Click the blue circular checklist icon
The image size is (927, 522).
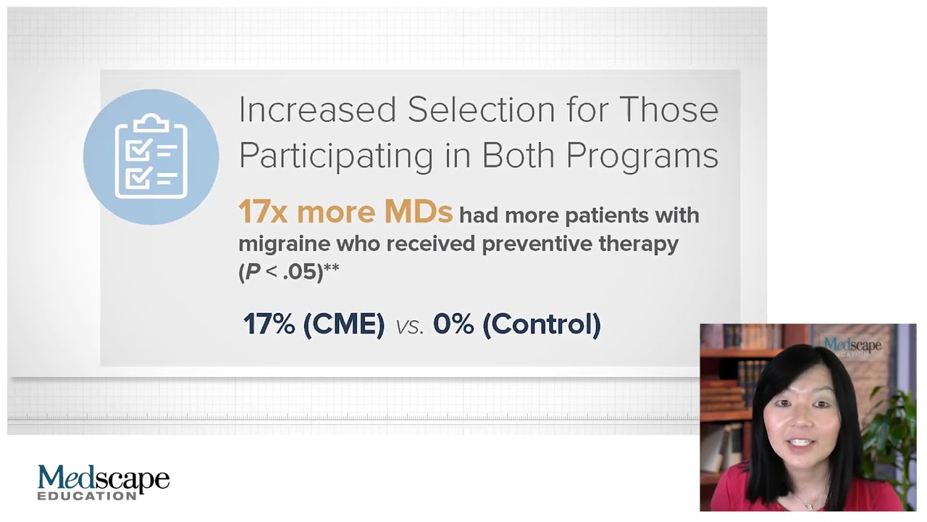[x=151, y=157]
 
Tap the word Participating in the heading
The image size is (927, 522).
[x=335, y=156]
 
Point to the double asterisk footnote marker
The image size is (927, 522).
[x=332, y=269]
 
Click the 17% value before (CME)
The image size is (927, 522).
[x=268, y=324]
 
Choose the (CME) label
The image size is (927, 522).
[x=343, y=324]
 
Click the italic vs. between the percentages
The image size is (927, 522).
[x=409, y=326]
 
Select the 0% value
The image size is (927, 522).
[x=453, y=324]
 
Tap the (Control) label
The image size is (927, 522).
[x=542, y=324]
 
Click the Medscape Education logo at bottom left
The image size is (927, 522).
[x=103, y=482]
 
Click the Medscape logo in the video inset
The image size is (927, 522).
[x=852, y=346]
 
